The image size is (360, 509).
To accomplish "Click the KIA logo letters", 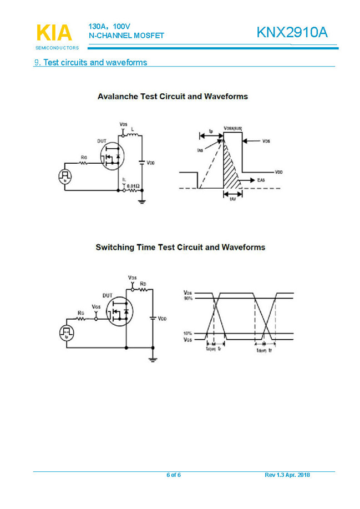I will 54,33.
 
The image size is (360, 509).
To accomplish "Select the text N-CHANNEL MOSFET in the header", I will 126,36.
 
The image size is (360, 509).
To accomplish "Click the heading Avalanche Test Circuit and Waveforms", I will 173,97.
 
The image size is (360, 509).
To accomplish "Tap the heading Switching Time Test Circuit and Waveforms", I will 180,247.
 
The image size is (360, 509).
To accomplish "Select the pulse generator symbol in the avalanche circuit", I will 65,177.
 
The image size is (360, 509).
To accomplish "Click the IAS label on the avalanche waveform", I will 199,150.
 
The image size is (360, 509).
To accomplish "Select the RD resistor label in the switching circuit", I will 143,283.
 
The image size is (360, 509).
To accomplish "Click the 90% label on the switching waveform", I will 187,299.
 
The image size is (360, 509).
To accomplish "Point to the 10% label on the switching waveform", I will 187,334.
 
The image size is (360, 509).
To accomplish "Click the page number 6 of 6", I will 174,475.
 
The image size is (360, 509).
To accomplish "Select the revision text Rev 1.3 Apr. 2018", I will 287,475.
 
